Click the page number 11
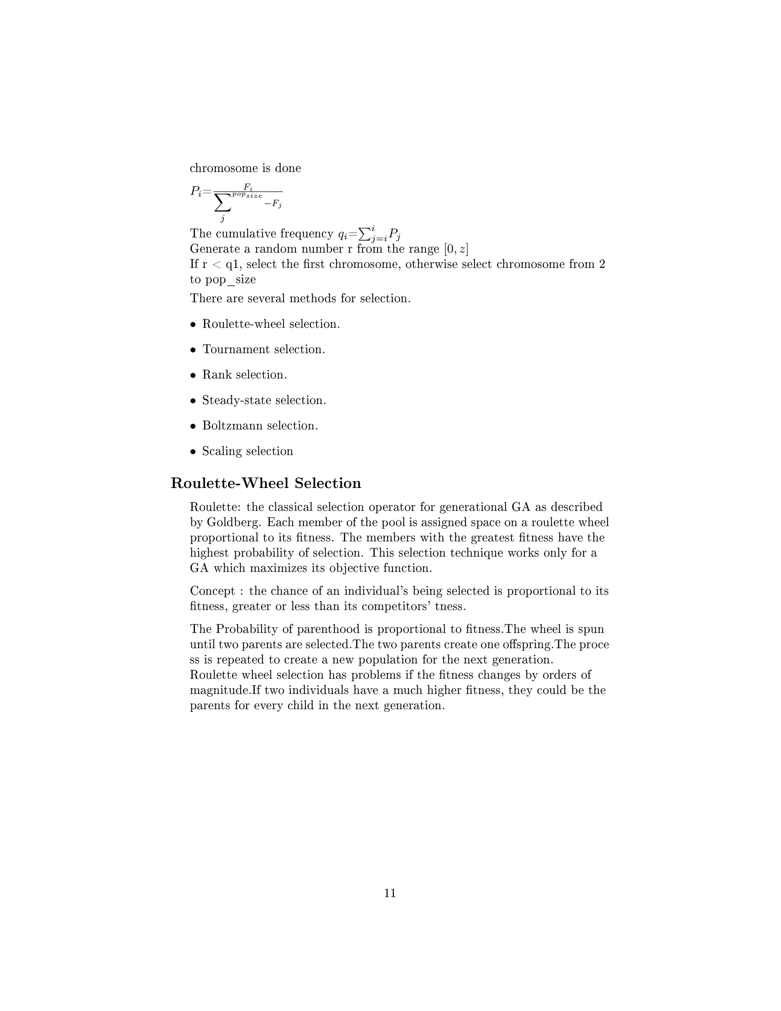[390, 893]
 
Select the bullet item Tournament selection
[264, 349]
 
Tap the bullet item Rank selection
[244, 375]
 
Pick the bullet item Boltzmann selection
[260, 426]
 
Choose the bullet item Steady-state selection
[264, 401]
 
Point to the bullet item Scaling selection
[247, 451]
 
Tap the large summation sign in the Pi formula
[223, 203]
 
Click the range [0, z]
[456, 249]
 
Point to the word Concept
[212, 591]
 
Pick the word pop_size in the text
[230, 280]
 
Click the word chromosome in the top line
[224, 168]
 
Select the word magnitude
[220, 690]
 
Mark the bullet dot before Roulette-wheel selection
[193, 325]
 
